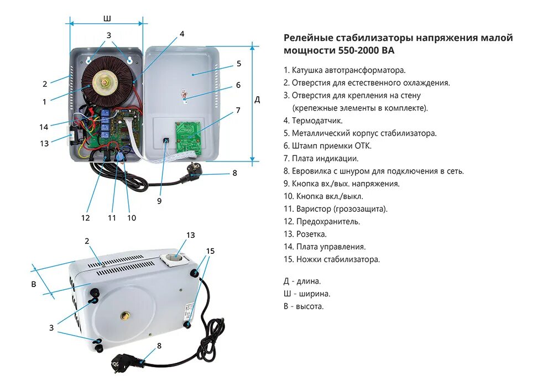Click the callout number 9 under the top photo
pyautogui.click(x=159, y=201)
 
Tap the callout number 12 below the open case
pyautogui.click(x=85, y=218)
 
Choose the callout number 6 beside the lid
pyautogui.click(x=238, y=85)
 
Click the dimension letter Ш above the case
pyautogui.click(x=107, y=19)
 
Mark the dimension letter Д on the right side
pyautogui.click(x=257, y=100)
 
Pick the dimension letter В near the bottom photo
pyautogui.click(x=34, y=284)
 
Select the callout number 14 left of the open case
pyautogui.click(x=44, y=127)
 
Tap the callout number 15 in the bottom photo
pyautogui.click(x=210, y=251)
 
